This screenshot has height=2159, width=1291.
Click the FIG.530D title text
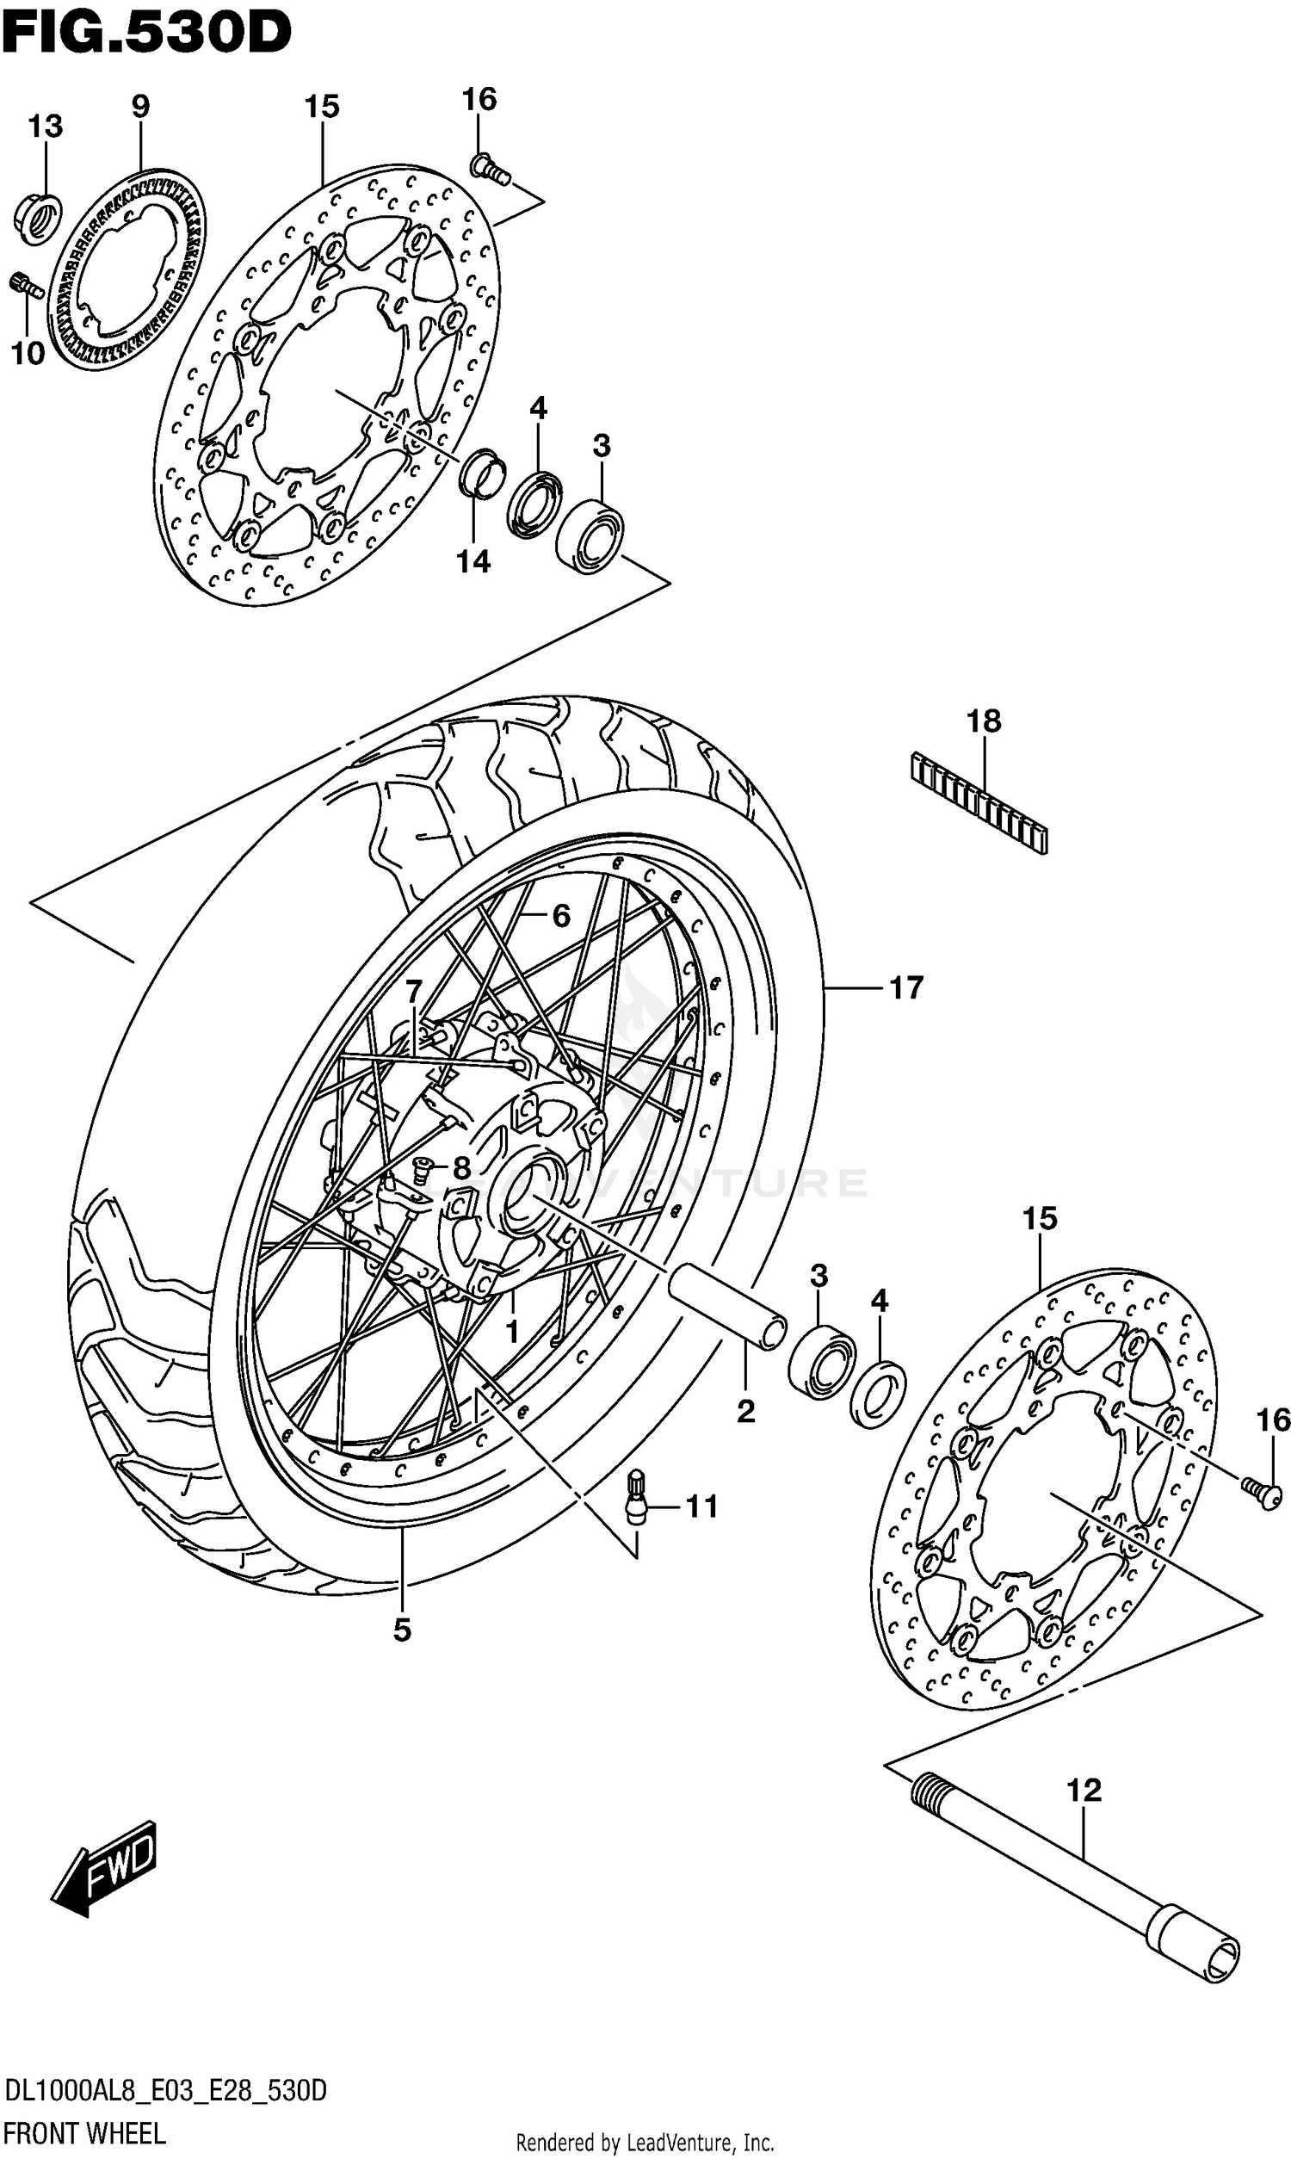(x=146, y=34)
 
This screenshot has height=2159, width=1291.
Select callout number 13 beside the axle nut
(x=46, y=127)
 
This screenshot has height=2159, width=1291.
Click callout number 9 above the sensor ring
(x=140, y=107)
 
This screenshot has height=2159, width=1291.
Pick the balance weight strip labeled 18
(x=979, y=801)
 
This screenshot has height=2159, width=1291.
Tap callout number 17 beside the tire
(x=905, y=988)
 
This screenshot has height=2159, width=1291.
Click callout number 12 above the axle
(x=1084, y=1790)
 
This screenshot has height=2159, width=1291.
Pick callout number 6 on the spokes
(x=561, y=915)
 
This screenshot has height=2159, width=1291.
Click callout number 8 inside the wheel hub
(x=461, y=1168)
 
